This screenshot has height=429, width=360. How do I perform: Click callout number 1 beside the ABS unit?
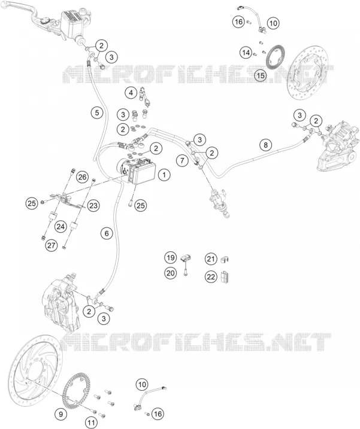pos(164,175)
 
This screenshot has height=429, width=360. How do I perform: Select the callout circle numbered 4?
pos(131,93)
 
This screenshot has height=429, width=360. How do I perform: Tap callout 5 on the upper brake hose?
pos(97,112)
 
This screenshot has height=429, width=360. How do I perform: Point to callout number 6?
pos(107,233)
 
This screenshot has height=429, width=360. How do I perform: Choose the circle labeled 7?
pos(183,160)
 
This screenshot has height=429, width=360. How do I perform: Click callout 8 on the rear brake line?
pos(265,144)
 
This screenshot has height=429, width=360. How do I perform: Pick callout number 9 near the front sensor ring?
pos(61,414)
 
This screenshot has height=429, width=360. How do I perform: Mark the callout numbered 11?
pos(91,423)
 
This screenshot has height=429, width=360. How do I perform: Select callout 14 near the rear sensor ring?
pos(246,52)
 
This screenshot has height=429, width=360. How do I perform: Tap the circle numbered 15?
pos(261,75)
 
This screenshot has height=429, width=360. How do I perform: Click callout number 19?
pos(170,257)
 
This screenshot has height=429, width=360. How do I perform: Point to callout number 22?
pos(211,276)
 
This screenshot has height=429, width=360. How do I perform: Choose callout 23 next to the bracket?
pos(93,205)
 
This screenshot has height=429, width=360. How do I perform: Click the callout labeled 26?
pos(82,177)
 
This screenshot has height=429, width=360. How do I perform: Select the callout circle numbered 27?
pos(52,245)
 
